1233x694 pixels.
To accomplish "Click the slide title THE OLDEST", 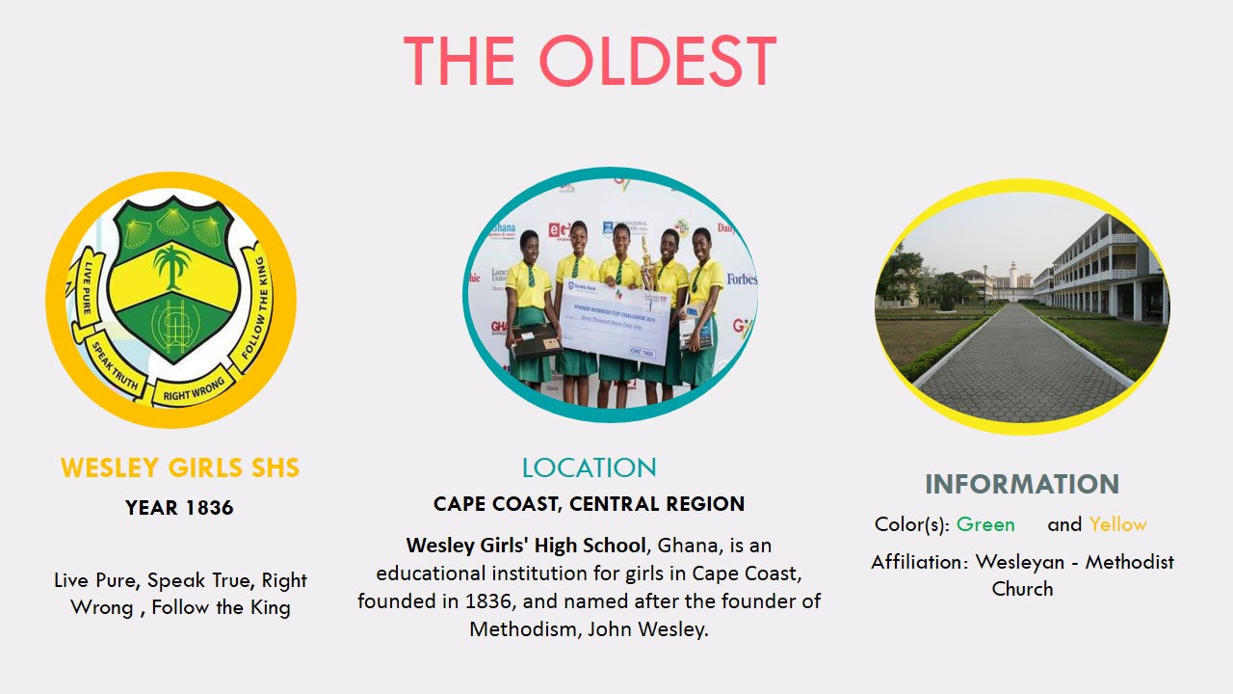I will click(590, 62).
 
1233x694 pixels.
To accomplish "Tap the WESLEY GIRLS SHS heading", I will click(180, 468).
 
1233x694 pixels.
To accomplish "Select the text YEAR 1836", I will click(179, 508).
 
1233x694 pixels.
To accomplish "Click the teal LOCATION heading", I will click(589, 468).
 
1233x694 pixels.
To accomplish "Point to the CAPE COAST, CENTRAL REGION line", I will click(589, 504).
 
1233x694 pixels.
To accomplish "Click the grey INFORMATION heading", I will click(1022, 484).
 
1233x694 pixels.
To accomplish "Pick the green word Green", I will click(985, 525).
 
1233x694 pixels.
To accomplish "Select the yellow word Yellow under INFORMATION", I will click(1117, 525).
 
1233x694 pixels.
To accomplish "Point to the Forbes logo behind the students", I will click(741, 280).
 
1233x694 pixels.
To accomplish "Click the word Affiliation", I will click(918, 562).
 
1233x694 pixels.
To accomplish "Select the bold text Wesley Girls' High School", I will click(526, 547).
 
